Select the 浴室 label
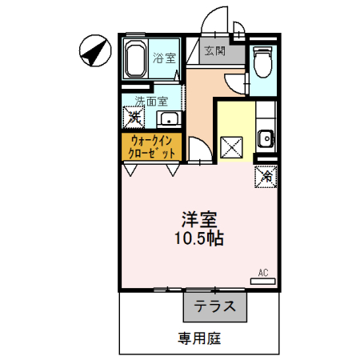[x=164, y=58]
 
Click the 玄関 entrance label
[x=214, y=51]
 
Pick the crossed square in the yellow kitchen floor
[x=232, y=147]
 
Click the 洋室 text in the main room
[x=200, y=218]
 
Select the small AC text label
[x=262, y=272]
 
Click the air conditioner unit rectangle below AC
[x=263, y=281]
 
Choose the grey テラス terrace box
[x=214, y=306]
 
